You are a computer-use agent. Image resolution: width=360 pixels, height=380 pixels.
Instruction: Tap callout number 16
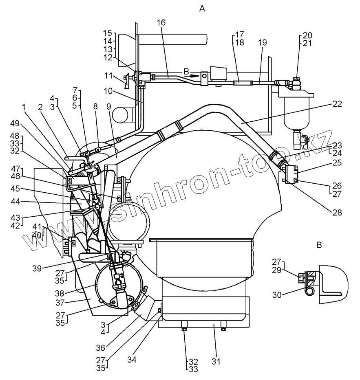(x=161, y=23)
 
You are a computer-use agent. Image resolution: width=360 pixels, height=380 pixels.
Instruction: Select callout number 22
(x=337, y=104)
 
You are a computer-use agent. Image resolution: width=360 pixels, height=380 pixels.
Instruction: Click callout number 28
(x=337, y=212)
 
